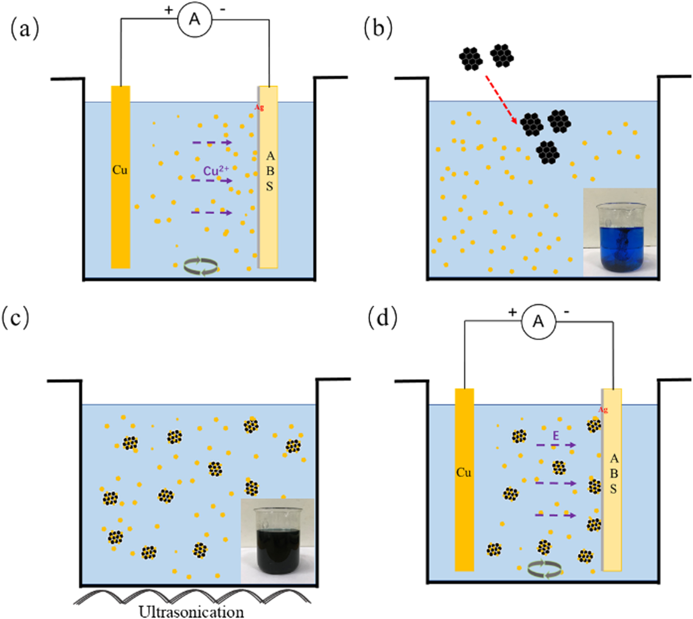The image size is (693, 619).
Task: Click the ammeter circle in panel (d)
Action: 538,322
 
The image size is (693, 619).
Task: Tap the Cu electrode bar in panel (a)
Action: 121,176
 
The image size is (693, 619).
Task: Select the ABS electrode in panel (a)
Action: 269,176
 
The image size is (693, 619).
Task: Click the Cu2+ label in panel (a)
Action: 216,171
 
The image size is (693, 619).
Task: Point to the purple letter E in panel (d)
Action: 556,436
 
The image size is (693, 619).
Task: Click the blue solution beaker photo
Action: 620,233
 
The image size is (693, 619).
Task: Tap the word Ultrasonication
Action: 191,611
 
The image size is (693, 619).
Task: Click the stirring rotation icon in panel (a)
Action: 201,266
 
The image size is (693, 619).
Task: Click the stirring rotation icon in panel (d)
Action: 545,569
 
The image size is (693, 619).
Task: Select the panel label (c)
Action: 16,318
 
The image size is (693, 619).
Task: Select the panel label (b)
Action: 378,29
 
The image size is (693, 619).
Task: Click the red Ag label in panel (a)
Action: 259,107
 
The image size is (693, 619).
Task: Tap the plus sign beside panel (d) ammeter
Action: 512,312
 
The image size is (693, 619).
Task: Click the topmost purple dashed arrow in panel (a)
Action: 212,143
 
